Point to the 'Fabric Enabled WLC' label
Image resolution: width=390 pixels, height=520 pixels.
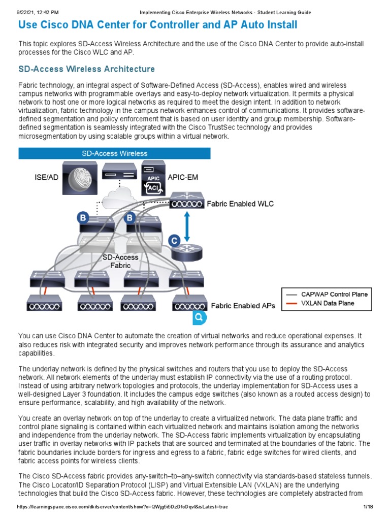click(x=240, y=204)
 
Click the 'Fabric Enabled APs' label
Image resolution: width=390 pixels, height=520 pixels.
click(x=243, y=306)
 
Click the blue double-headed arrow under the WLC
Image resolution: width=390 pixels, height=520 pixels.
click(x=187, y=227)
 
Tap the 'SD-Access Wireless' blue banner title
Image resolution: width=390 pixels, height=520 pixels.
click(x=115, y=153)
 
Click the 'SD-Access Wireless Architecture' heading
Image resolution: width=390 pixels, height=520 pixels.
click(x=86, y=69)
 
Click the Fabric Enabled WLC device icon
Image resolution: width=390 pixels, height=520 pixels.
click(x=187, y=202)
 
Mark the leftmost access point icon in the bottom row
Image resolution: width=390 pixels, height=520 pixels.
click(x=45, y=306)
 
